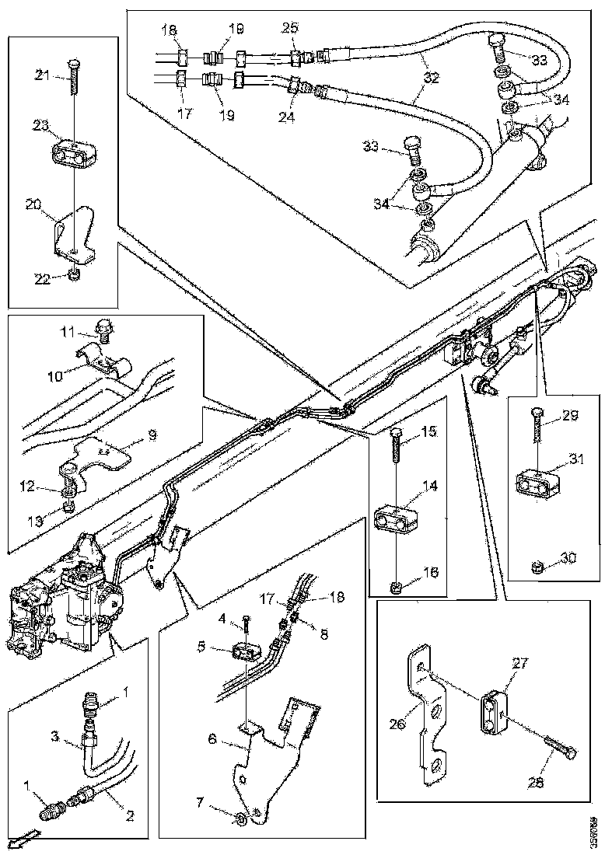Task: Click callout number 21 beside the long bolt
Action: (42, 74)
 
